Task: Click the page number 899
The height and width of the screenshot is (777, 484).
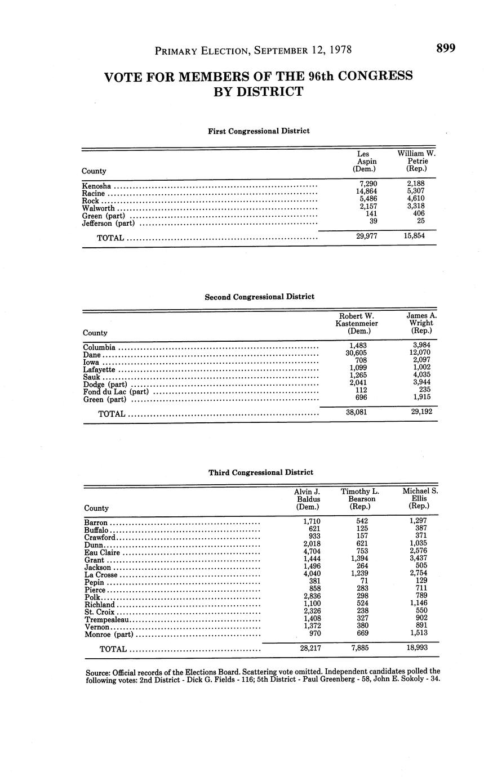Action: [x=445, y=48]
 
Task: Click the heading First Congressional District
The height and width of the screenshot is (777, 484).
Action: [x=259, y=131]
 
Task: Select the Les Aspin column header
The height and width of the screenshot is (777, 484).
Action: [x=364, y=160]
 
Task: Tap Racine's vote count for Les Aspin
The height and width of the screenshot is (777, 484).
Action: [x=364, y=191]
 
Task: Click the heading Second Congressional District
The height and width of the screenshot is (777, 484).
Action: [x=259, y=297]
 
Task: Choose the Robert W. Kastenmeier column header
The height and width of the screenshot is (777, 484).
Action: [x=357, y=323]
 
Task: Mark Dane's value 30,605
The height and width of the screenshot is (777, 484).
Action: [x=358, y=352]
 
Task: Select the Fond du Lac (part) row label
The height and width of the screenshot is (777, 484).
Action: [x=116, y=392]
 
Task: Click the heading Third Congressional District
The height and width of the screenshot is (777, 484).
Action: [x=260, y=472]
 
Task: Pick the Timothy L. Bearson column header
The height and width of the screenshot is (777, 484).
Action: [x=358, y=498]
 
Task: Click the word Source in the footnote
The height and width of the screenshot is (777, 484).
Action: [x=97, y=672]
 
